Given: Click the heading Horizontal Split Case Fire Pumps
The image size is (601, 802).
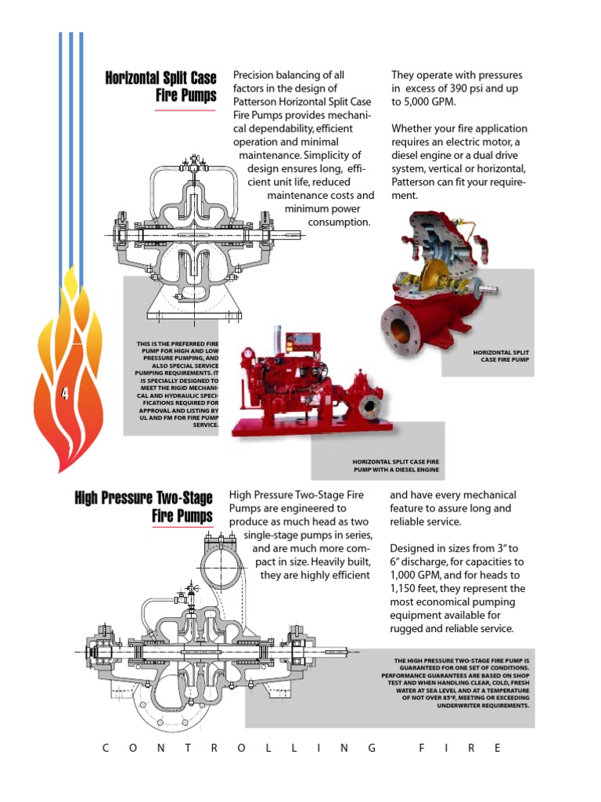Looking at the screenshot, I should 161,86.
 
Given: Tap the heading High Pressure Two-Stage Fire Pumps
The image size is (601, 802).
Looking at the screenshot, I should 144,507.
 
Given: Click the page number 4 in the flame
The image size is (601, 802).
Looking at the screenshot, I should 66,395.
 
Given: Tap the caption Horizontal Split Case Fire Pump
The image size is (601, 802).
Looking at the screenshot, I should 502,356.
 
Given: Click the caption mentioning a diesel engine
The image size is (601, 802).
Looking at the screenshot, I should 395,466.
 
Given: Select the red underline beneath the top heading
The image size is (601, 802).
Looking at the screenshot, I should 185,110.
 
